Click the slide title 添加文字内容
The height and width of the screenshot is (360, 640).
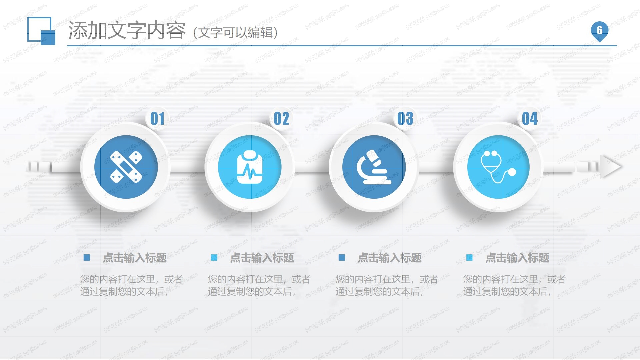coord(127,31)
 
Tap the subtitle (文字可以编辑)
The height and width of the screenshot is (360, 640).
coord(235,33)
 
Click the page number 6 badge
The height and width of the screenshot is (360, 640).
coord(599,31)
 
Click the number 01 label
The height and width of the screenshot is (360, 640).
coord(157,119)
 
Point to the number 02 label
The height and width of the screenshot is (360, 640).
coord(281,119)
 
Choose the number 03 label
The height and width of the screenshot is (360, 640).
coord(405,119)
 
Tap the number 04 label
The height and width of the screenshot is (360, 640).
coord(530,119)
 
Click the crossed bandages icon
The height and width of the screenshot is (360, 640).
coord(126,167)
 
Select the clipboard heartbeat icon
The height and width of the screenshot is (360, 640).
coord(250,167)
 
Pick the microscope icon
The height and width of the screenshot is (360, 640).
coord(374,167)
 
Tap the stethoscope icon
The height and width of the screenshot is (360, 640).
coord(498,167)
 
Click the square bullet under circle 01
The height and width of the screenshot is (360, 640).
coord(87,257)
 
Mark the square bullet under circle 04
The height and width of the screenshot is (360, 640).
coord(469,257)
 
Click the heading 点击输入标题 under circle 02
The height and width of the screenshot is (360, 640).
coord(262,258)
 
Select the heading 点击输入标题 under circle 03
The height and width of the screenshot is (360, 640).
coord(389,258)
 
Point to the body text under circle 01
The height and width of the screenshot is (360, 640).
coord(131,285)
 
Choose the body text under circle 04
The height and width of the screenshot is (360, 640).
coord(514,285)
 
